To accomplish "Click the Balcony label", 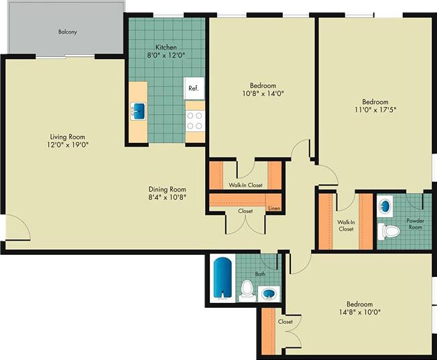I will (67, 32).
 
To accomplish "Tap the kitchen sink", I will (138, 110).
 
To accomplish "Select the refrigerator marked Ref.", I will (194, 88).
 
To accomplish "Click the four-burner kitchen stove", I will (195, 121).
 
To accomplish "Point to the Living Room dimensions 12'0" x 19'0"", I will (68, 144).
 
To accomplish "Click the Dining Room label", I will (167, 189).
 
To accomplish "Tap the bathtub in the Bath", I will (222, 278).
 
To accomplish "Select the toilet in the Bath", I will (246, 289).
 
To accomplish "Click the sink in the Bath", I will (269, 294).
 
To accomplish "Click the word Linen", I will (273, 209).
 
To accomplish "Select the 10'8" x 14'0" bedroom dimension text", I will (263, 95).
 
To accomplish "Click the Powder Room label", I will (416, 223).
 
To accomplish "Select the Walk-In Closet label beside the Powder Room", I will (346, 225).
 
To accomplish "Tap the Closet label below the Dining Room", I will (245, 211).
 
